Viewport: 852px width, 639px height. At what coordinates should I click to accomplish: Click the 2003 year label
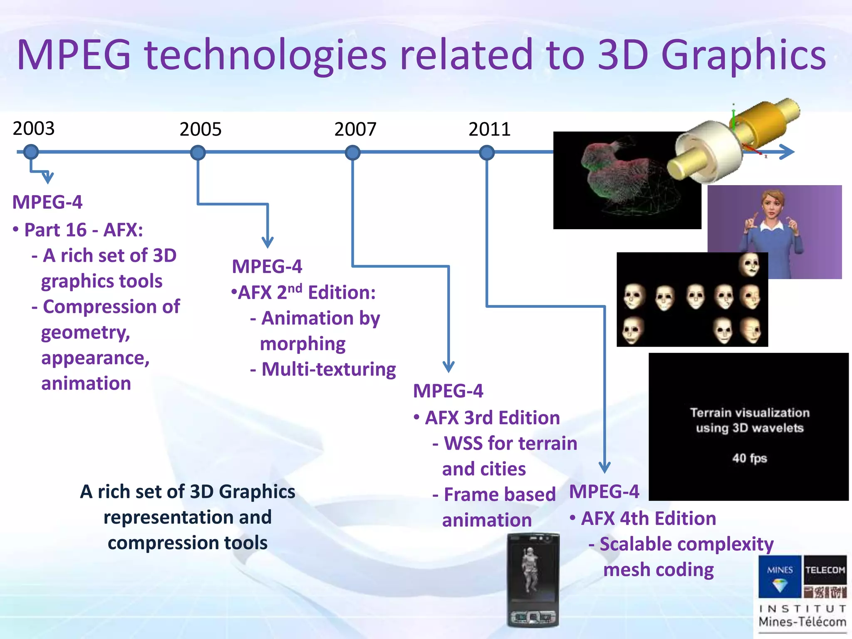34,128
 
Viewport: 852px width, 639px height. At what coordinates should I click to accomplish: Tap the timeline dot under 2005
198,153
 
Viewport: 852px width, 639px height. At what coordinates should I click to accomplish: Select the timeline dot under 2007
352,153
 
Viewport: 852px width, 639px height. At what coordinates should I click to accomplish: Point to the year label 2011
489,129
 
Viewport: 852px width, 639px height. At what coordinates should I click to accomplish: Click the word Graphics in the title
743,55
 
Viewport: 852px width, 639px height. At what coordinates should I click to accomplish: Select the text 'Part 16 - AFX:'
83,230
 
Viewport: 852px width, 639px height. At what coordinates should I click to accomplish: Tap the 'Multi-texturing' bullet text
329,369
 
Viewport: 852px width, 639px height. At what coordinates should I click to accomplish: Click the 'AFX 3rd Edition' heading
492,418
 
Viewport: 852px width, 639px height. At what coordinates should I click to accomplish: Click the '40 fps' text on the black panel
749,458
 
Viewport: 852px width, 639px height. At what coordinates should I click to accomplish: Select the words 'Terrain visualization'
749,413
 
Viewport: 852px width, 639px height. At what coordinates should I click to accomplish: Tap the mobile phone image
533,580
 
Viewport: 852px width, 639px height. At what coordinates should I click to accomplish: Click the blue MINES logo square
779,576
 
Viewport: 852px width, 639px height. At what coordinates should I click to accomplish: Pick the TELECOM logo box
825,570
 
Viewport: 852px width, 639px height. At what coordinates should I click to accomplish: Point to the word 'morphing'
302,344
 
